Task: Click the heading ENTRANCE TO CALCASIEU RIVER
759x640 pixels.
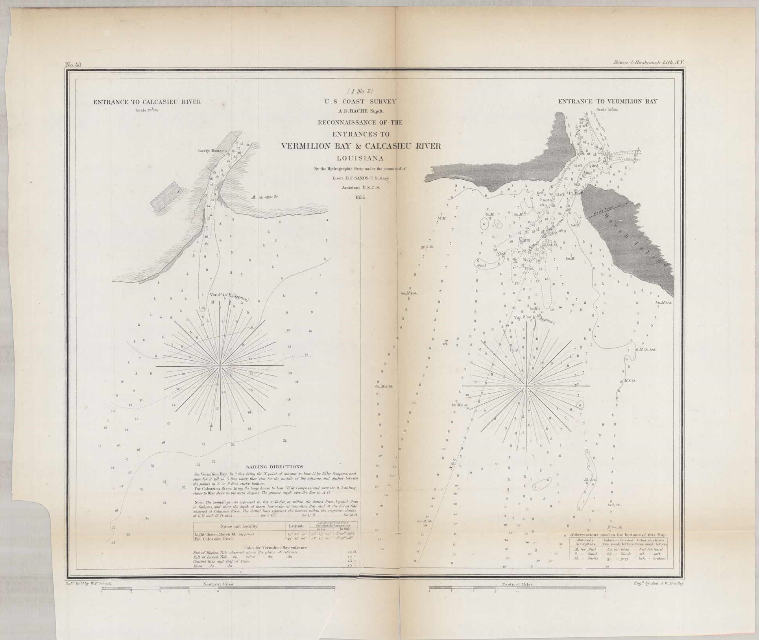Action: pyautogui.click(x=147, y=102)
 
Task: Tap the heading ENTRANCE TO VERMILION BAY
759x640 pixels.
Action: pyautogui.click(x=608, y=101)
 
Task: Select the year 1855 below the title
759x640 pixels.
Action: pyautogui.click(x=360, y=197)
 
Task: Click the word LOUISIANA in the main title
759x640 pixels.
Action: pyautogui.click(x=360, y=159)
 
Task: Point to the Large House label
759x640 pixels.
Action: pyautogui.click(x=211, y=151)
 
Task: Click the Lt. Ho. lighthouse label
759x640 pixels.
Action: pyautogui.click(x=574, y=193)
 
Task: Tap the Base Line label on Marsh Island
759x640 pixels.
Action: pyautogui.click(x=604, y=212)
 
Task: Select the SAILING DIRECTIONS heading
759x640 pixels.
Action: pyautogui.click(x=274, y=467)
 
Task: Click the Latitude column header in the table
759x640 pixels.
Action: pyautogui.click(x=296, y=526)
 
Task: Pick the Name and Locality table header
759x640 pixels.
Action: pyautogui.click(x=239, y=526)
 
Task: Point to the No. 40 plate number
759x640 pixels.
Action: pyautogui.click(x=73, y=65)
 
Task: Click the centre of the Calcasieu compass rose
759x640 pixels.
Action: pyautogui.click(x=220, y=366)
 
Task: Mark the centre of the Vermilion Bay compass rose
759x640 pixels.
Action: pyautogui.click(x=526, y=386)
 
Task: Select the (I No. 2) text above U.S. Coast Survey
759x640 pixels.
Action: pyautogui.click(x=360, y=92)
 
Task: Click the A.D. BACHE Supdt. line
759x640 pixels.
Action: pyautogui.click(x=360, y=111)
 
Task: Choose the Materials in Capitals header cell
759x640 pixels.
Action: pyautogui.click(x=585, y=542)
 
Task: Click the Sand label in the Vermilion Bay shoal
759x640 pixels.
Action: pyautogui.click(x=481, y=266)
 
